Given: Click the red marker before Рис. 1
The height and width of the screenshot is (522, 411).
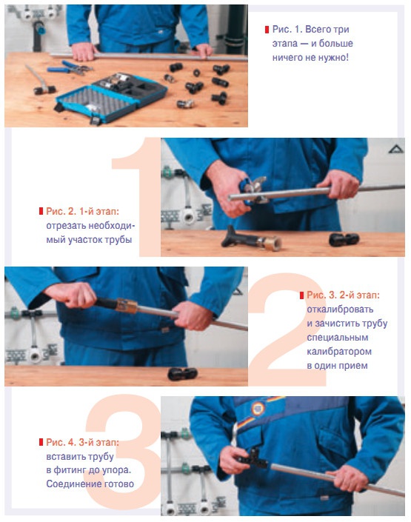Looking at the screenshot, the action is coord(267,30).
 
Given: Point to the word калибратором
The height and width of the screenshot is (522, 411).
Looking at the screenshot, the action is coord(339,352).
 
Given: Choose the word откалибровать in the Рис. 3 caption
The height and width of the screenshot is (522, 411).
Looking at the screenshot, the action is coord(340,309).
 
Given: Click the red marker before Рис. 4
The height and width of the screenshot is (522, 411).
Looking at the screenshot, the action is coord(41,443).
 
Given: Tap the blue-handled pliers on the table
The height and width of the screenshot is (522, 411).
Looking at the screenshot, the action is coord(70,68).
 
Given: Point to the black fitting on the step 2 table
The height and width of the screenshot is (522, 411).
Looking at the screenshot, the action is coord(183,374).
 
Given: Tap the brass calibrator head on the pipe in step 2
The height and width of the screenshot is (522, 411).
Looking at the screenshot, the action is coord(126,306).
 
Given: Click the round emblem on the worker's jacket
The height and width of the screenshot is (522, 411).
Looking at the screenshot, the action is coord(258,409).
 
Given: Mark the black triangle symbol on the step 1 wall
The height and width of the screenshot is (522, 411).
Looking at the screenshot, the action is coord(396,149).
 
